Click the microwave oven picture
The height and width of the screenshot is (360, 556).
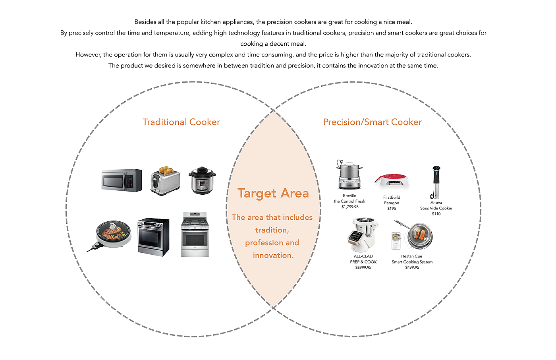click(122, 180)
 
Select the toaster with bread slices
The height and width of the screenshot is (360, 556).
click(165, 181)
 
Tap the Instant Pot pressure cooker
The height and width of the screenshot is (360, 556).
click(202, 181)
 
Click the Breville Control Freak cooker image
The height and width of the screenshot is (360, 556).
click(349, 176)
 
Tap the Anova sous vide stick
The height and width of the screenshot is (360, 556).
click(436, 182)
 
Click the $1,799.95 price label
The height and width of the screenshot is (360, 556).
click(350, 207)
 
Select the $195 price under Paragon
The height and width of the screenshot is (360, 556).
click(392, 208)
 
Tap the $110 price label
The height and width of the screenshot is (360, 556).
click(436, 214)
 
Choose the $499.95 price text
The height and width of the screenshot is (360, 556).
click(412, 267)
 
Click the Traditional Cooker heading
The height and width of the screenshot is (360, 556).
click(181, 122)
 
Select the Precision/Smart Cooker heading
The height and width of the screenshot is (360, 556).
click(373, 122)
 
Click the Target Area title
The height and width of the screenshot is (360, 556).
click(273, 193)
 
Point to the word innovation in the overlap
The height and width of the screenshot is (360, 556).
click(273, 255)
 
